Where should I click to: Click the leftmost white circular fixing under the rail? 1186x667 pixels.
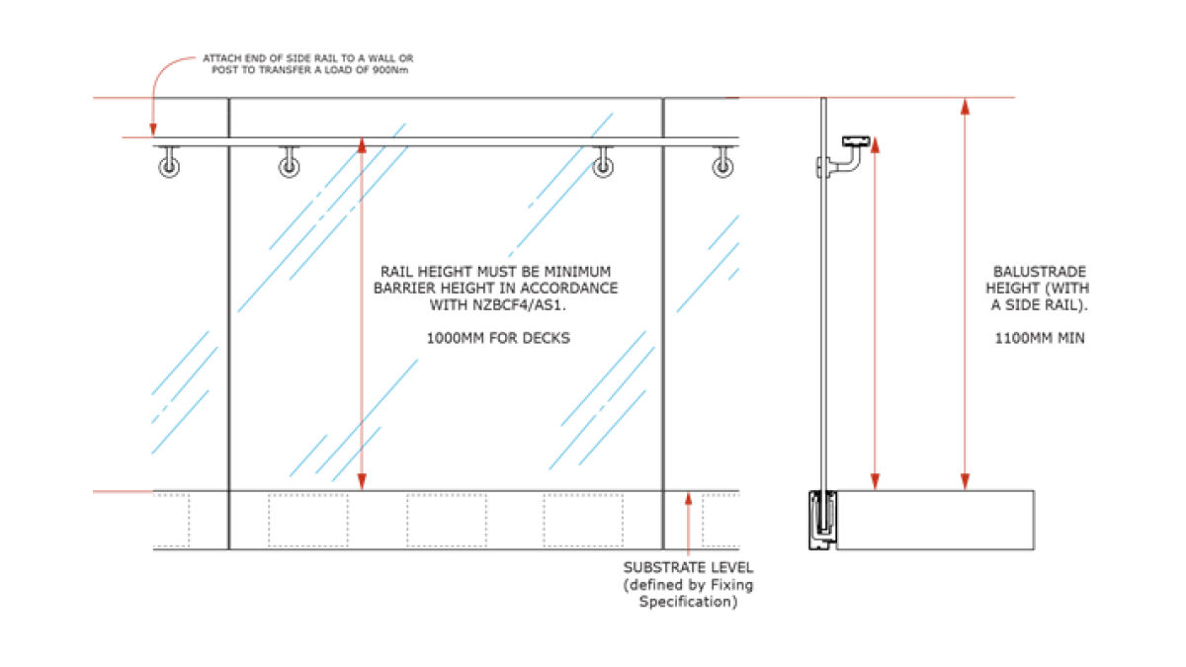[169, 167]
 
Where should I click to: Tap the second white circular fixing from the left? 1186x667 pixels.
[289, 167]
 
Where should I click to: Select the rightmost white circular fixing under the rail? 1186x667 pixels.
[724, 167]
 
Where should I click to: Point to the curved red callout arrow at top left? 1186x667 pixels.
[163, 79]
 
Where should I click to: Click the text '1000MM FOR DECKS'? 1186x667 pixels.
[498, 338]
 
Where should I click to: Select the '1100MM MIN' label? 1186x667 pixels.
[1040, 338]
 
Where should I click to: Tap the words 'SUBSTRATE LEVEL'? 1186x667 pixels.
[688, 568]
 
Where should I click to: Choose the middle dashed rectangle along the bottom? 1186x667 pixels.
[448, 521]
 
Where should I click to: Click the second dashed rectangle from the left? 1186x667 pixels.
[309, 521]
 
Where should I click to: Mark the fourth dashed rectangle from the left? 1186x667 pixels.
[582, 521]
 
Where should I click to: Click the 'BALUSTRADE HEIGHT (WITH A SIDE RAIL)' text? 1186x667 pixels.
[1040, 289]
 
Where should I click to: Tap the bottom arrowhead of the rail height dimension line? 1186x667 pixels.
[362, 482]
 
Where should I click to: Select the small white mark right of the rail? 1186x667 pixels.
[851, 162]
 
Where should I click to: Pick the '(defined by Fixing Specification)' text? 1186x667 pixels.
[688, 594]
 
